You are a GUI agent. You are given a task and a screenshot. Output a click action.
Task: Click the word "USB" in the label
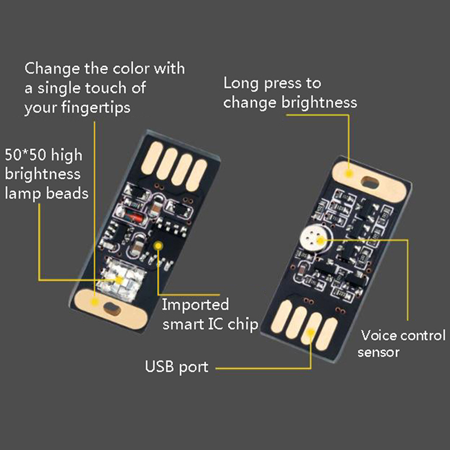point(159,366)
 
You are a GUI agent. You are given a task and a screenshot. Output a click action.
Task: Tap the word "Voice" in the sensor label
point(378,335)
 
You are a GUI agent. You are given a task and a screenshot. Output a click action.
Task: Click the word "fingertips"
point(96,108)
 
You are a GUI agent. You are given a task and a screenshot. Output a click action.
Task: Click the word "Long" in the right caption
point(241,84)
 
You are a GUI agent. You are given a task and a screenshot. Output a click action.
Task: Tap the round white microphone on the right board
point(314,238)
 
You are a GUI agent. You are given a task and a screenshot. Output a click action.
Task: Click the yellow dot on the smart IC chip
point(158,246)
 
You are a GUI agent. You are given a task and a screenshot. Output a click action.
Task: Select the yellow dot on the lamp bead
point(119,280)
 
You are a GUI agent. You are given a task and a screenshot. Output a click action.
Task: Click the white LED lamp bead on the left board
point(120,278)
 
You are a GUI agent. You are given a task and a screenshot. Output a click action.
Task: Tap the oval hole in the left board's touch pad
point(112,309)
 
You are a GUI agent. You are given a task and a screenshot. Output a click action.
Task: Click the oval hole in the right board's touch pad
point(370,183)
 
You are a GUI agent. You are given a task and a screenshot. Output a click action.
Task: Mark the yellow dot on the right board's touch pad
point(349,173)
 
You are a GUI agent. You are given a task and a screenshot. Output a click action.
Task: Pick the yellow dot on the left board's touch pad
point(94,301)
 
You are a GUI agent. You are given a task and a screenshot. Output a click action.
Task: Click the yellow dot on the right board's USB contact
point(310,332)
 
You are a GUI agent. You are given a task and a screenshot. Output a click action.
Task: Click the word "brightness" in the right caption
point(319,103)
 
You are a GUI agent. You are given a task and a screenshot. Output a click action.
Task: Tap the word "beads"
point(67,193)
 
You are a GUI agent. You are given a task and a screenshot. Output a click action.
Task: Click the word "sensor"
point(378,353)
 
